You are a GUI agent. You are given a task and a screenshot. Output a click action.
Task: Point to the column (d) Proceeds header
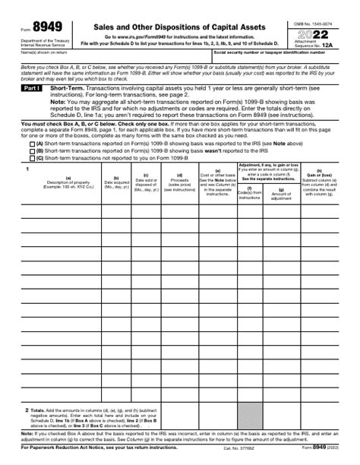pos(180,203)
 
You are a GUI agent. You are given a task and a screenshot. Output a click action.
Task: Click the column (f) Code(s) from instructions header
pos(250,213)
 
